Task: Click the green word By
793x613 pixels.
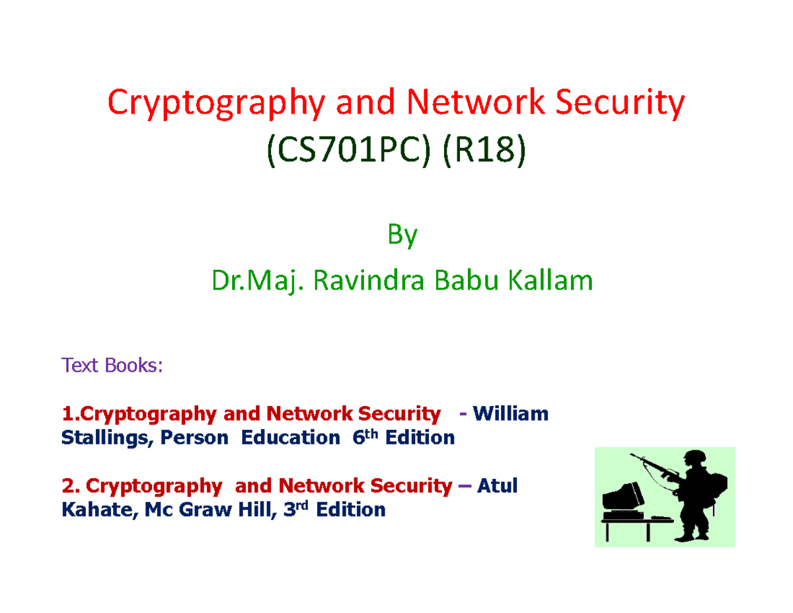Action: pos(402,237)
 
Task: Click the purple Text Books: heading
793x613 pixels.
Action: pos(110,364)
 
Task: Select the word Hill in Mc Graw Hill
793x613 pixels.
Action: pos(250,510)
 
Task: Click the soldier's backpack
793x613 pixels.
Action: pos(718,490)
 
